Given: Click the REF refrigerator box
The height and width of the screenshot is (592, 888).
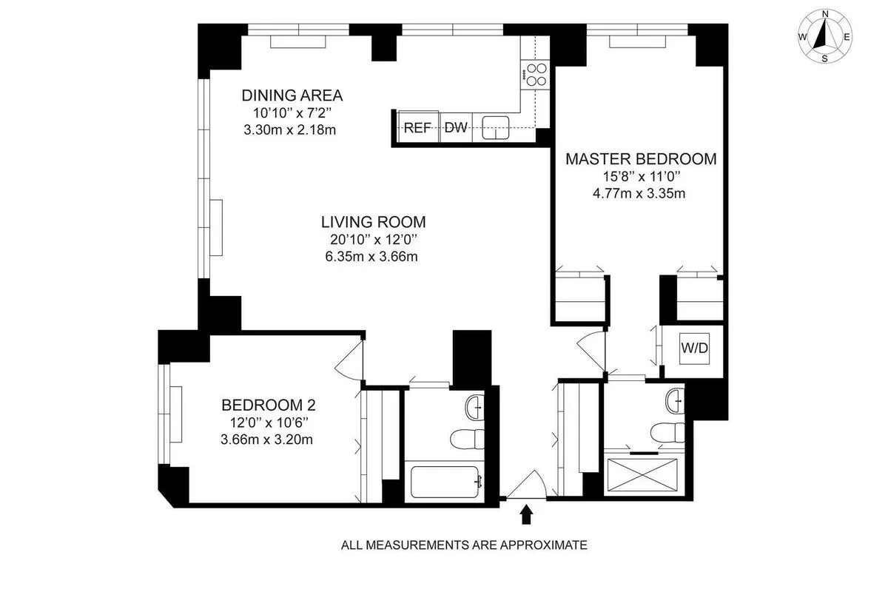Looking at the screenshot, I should tap(417, 127).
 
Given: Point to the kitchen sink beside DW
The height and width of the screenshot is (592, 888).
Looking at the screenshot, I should tap(495, 127).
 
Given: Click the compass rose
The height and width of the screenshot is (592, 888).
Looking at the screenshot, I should tap(824, 36).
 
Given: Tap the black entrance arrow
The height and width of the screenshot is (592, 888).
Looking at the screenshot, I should tap(526, 514).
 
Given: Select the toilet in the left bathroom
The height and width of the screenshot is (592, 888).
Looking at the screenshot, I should tap(468, 438).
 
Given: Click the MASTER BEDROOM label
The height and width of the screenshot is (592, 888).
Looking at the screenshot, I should tap(641, 158).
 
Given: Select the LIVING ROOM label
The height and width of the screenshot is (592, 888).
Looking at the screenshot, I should tap(373, 221).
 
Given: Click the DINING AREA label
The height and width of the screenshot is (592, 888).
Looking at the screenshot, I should tap(292, 95).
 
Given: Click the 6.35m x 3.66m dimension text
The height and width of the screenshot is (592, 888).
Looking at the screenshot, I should tap(373, 257).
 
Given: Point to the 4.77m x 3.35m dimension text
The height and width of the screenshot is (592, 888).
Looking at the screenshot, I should tap(641, 194).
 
